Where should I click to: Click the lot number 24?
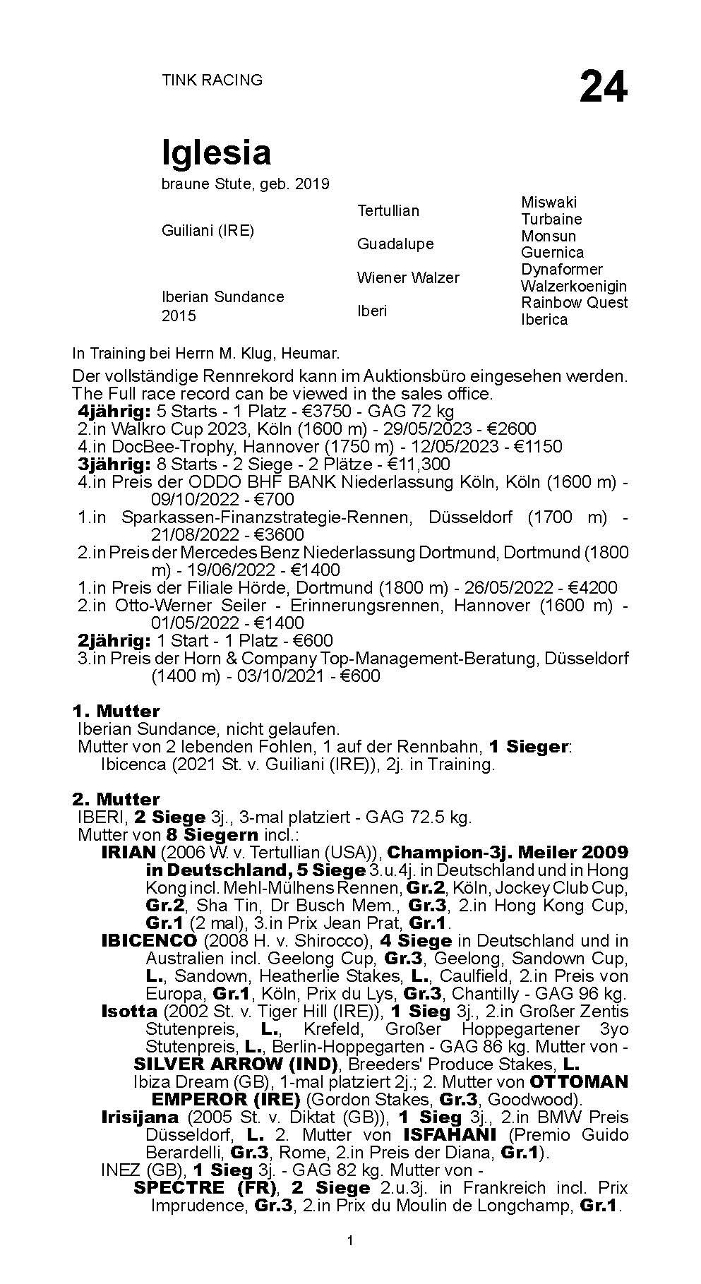(x=603, y=88)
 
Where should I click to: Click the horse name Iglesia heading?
(x=216, y=152)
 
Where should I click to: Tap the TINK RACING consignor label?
(x=212, y=80)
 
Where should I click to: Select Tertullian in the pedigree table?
(x=388, y=210)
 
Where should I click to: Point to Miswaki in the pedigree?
(x=549, y=202)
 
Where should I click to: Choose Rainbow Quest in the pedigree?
(x=574, y=302)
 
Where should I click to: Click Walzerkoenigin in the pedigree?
(x=573, y=286)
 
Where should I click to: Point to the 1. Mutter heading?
(x=116, y=711)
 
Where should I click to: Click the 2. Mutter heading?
(x=116, y=799)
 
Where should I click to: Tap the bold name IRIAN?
(x=128, y=852)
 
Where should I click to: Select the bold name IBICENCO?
(x=149, y=940)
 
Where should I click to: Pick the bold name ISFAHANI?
(x=444, y=1134)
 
